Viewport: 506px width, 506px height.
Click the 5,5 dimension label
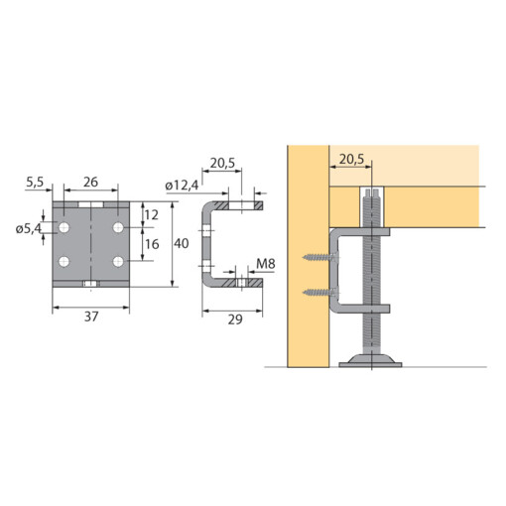(x=36, y=183)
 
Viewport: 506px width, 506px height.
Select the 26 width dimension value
(x=90, y=183)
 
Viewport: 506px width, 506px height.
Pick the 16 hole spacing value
(x=151, y=245)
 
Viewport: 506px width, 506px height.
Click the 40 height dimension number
(x=182, y=244)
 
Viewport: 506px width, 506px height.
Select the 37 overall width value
(x=90, y=317)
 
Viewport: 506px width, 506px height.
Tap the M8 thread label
(x=265, y=264)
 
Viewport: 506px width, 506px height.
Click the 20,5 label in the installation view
(x=352, y=159)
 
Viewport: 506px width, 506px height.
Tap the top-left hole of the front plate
(x=64, y=229)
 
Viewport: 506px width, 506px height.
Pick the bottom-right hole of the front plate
(x=118, y=262)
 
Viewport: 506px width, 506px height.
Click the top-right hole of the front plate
(x=118, y=229)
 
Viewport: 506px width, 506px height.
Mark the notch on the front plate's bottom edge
(x=90, y=285)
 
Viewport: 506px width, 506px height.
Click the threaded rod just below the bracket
(x=376, y=327)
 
